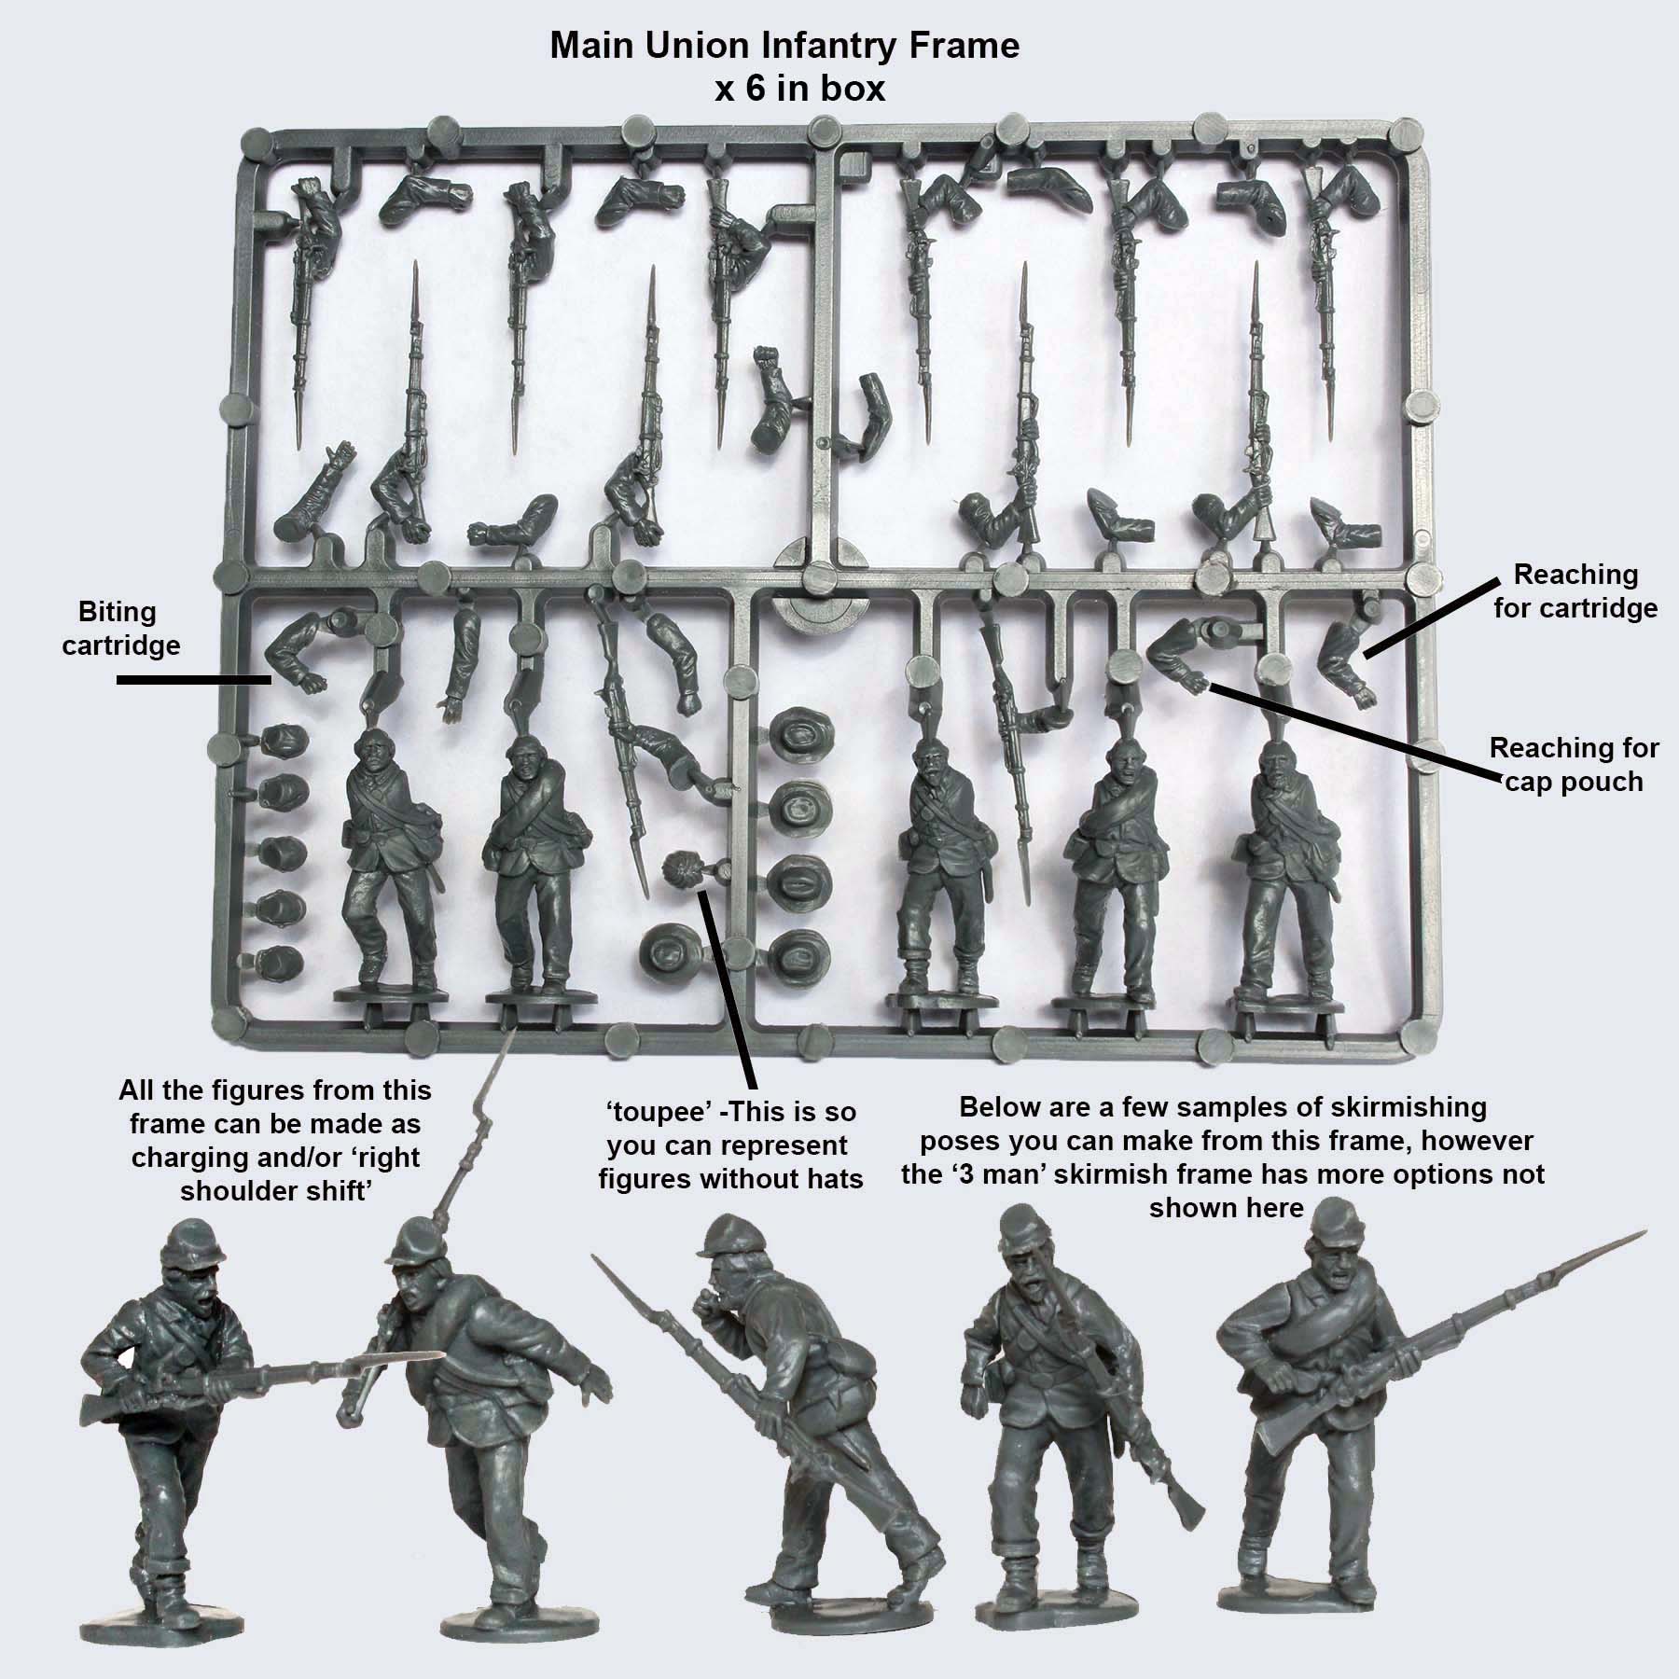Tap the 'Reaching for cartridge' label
click(x=1575, y=591)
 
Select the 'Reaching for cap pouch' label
click(x=1574, y=764)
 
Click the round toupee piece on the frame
click(x=681, y=874)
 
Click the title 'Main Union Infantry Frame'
click(x=784, y=46)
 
